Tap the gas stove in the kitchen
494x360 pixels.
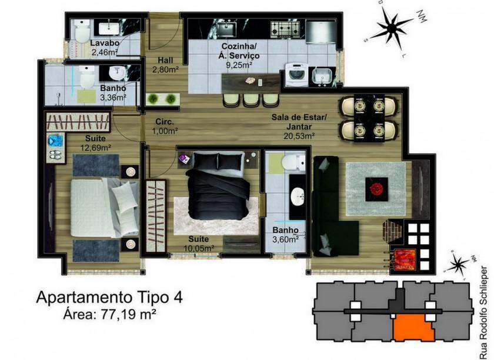286,28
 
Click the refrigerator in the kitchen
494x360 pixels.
320,32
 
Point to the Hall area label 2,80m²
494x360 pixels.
165,69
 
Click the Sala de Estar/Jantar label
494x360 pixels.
299,122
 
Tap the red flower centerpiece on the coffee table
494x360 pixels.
376,189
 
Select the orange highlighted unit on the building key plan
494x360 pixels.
413,328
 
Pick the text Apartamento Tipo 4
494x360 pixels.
109,297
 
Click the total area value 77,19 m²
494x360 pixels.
129,314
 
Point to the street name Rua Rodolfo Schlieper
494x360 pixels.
485,313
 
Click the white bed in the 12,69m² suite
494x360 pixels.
105,208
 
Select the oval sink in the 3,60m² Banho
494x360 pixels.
298,196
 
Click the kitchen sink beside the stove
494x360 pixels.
226,28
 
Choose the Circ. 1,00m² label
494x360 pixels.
165,126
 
